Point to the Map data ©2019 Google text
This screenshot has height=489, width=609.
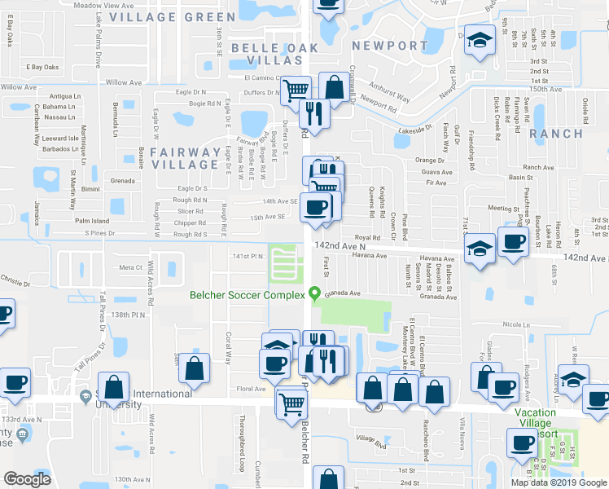pos(559,482)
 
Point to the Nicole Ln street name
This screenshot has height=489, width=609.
pos(517,324)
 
